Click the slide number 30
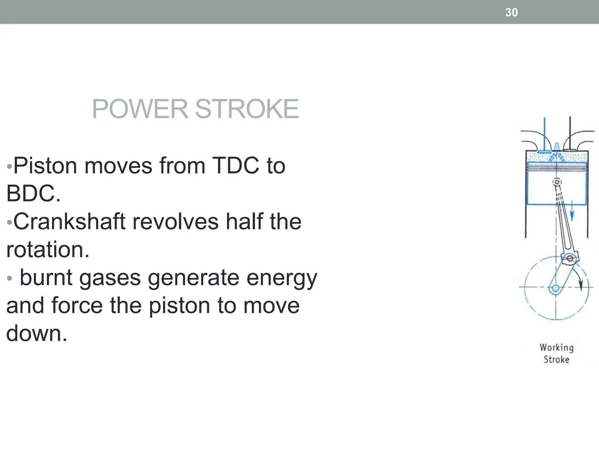point(512,12)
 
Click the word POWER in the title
point(140,109)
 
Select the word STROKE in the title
point(247,109)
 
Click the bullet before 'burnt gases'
point(10,278)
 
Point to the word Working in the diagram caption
point(556,348)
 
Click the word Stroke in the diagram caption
point(556,359)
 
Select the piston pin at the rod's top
point(557,182)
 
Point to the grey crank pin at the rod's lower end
point(569,258)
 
